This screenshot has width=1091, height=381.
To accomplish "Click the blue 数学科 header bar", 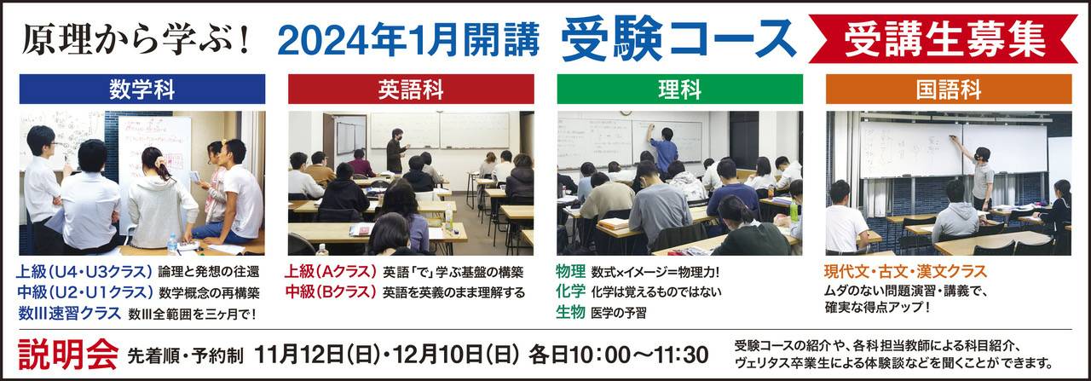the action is point(142,89).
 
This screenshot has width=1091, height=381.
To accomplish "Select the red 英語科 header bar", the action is point(411,89).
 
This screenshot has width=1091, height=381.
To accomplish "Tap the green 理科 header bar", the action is point(680,89).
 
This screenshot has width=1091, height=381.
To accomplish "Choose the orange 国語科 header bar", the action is point(949,89).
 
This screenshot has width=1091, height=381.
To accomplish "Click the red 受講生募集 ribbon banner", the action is point(944,39).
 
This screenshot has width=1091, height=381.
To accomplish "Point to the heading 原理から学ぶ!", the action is point(136,39).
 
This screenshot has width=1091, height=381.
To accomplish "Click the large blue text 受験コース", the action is point(679,39).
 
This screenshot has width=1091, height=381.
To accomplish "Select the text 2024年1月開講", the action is point(408,39).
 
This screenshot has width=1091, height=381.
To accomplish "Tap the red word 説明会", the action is point(68,355).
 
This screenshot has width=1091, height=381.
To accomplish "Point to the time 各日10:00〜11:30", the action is point(619,355).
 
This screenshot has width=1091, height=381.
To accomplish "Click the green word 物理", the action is point(570,271).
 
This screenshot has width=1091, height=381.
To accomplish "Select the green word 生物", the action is point(570,312).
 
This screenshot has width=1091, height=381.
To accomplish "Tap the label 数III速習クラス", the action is point(70,313).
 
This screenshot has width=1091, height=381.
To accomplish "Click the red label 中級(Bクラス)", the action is point(332,292).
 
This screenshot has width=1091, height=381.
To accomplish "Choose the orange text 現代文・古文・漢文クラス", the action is point(905,271).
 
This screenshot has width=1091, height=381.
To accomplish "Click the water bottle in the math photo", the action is point(172,244).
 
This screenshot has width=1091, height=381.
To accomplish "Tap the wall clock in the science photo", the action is point(626,114).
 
